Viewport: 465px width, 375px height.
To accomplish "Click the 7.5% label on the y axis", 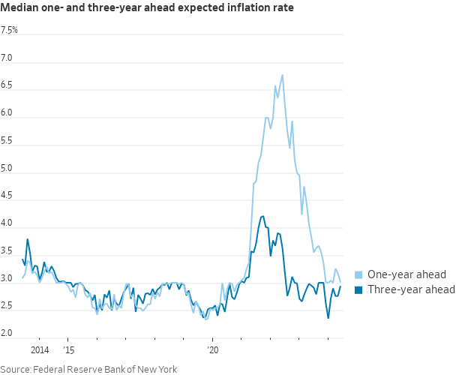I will coord(10,30).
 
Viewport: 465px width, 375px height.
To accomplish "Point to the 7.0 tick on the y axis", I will coord(7,58).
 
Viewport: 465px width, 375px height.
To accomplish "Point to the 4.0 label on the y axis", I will coord(7,223).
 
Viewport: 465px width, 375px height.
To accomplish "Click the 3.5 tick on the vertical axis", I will coord(7,251).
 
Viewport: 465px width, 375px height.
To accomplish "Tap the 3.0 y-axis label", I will coord(7,279).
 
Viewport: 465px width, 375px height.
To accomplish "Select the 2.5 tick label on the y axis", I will coord(7,307).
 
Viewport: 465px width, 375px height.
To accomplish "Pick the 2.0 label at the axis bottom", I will coord(7,332).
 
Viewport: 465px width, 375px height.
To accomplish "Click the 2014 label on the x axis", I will coord(40,349).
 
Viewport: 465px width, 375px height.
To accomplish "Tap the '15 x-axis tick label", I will coord(69,349).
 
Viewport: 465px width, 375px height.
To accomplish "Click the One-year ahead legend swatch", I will coord(358,274).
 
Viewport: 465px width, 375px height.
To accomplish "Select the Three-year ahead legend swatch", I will coord(358,289).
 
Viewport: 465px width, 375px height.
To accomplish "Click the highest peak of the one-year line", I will coord(282,74).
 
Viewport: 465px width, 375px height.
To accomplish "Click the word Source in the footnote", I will coord(16,368).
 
